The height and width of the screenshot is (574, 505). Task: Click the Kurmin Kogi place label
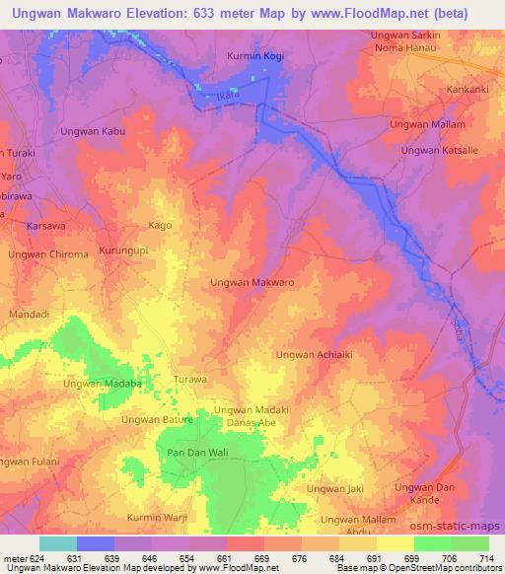pyautogui.click(x=254, y=56)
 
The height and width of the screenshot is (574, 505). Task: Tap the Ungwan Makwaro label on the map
pyautogui.click(x=252, y=282)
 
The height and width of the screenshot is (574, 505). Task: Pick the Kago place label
pyautogui.click(x=159, y=226)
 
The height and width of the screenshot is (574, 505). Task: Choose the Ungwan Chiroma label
pyautogui.click(x=48, y=254)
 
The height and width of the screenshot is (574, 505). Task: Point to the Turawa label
pyautogui.click(x=189, y=379)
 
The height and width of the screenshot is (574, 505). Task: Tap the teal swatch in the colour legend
pyautogui.click(x=57, y=543)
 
